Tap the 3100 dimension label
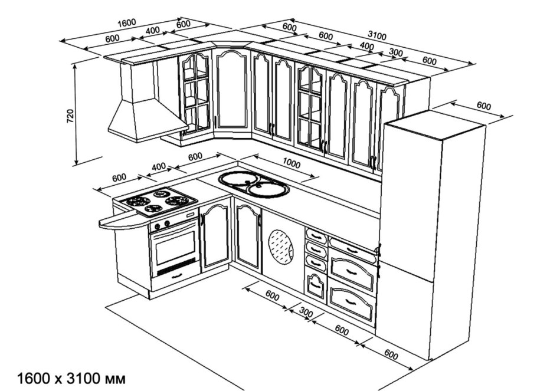point(376,36)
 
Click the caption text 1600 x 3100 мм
point(71,377)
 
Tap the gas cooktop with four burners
point(156,200)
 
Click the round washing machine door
point(281,246)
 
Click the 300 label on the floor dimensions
point(306,313)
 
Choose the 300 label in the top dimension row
point(395,52)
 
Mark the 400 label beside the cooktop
point(159,166)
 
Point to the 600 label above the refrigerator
point(483,106)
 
